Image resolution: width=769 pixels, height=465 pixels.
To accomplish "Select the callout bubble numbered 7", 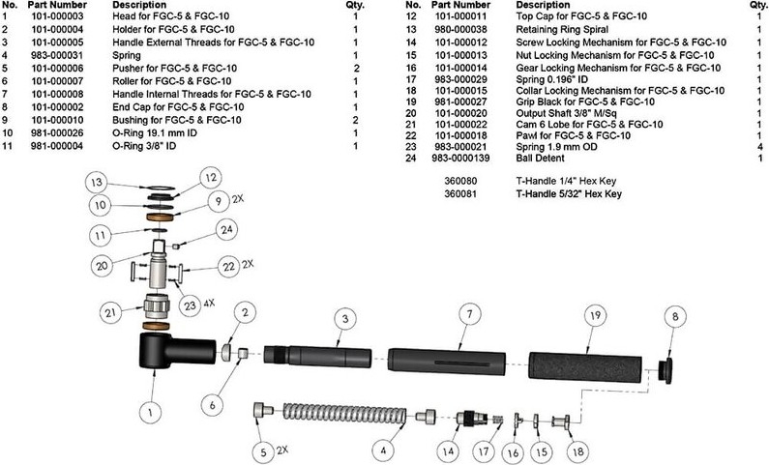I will coord(468,314).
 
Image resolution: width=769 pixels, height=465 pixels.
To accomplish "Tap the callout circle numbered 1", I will coord(150,411).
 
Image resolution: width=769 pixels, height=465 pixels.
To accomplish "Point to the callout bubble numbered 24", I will coord(224,230).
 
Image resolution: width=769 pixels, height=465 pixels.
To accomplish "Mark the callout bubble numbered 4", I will coord(385,450).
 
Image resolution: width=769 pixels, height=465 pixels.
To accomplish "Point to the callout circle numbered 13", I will coord(96,183).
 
